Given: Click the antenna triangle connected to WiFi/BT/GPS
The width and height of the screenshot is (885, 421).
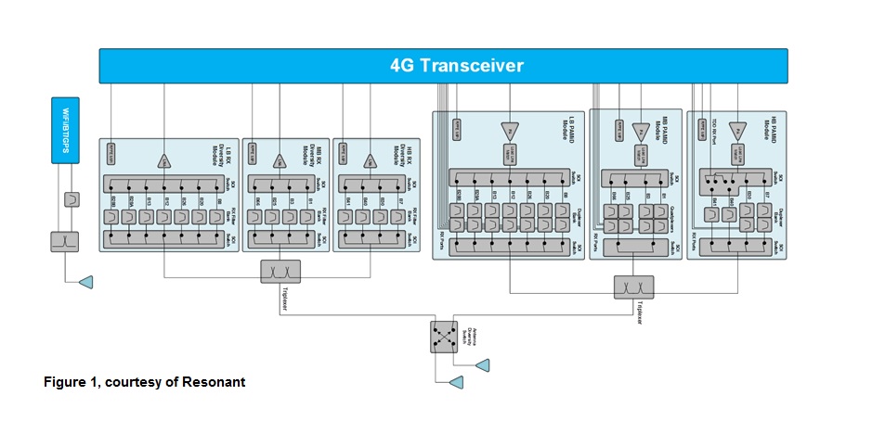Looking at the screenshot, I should tap(85, 281).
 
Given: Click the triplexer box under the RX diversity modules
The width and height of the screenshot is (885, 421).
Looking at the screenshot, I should tap(280, 271).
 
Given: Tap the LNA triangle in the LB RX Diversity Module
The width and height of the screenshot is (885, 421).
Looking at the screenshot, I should tap(164, 160).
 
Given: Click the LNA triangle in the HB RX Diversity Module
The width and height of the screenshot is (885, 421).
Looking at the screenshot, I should tap(371, 160).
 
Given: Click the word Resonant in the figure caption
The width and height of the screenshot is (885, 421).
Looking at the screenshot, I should tap(218, 382).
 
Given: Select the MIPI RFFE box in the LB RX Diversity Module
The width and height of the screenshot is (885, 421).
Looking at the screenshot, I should tap(112, 147).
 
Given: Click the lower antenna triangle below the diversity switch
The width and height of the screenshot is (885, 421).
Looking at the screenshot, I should tap(456, 381).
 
